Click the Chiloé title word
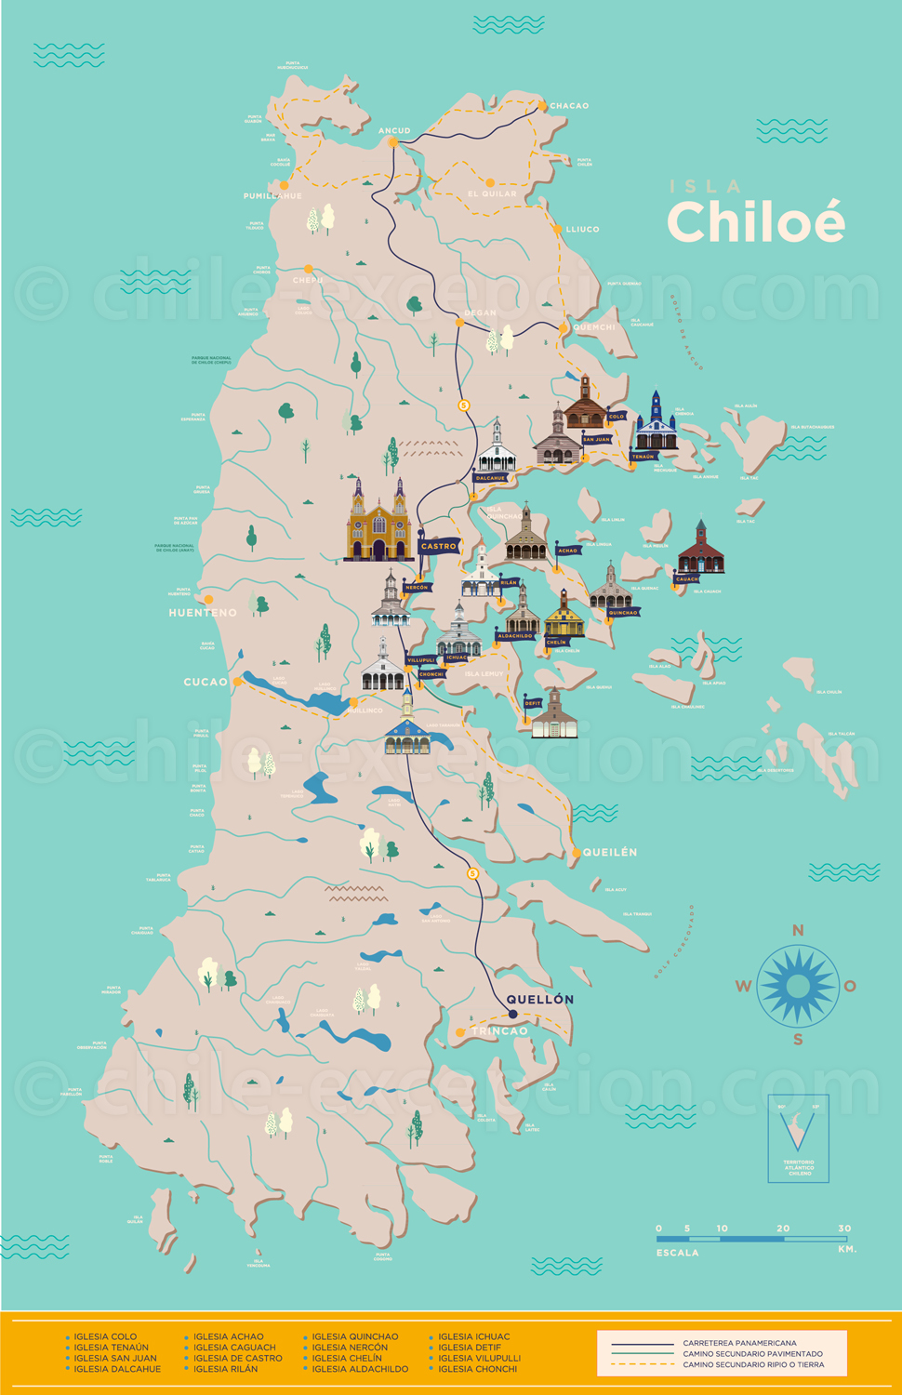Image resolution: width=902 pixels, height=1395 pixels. click(x=755, y=222)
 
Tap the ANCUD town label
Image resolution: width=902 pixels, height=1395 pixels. click(x=394, y=131)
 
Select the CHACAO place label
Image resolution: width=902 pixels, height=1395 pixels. click(x=569, y=106)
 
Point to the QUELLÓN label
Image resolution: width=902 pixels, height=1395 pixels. click(x=540, y=1000)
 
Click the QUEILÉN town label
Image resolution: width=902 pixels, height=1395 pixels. click(x=610, y=852)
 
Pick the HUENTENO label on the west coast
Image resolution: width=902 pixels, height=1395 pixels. click(x=203, y=613)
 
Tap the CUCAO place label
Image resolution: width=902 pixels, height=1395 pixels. click(x=206, y=682)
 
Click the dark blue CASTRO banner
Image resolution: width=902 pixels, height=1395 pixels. click(x=439, y=547)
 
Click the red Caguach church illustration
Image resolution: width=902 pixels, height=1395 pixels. click(x=700, y=550)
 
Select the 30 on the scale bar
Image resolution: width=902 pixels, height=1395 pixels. click(x=844, y=1229)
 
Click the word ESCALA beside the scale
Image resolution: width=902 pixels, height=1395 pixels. click(x=677, y=1253)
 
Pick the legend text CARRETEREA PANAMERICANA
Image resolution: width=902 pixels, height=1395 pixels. click(x=739, y=1343)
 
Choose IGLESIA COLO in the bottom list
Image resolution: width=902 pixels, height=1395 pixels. click(x=105, y=1336)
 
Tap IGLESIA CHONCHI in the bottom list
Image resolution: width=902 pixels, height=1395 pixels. click(x=477, y=1369)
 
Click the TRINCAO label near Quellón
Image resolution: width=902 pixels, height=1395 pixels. click(x=500, y=1031)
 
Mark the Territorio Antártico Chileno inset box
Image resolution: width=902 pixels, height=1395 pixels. click(x=798, y=1138)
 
